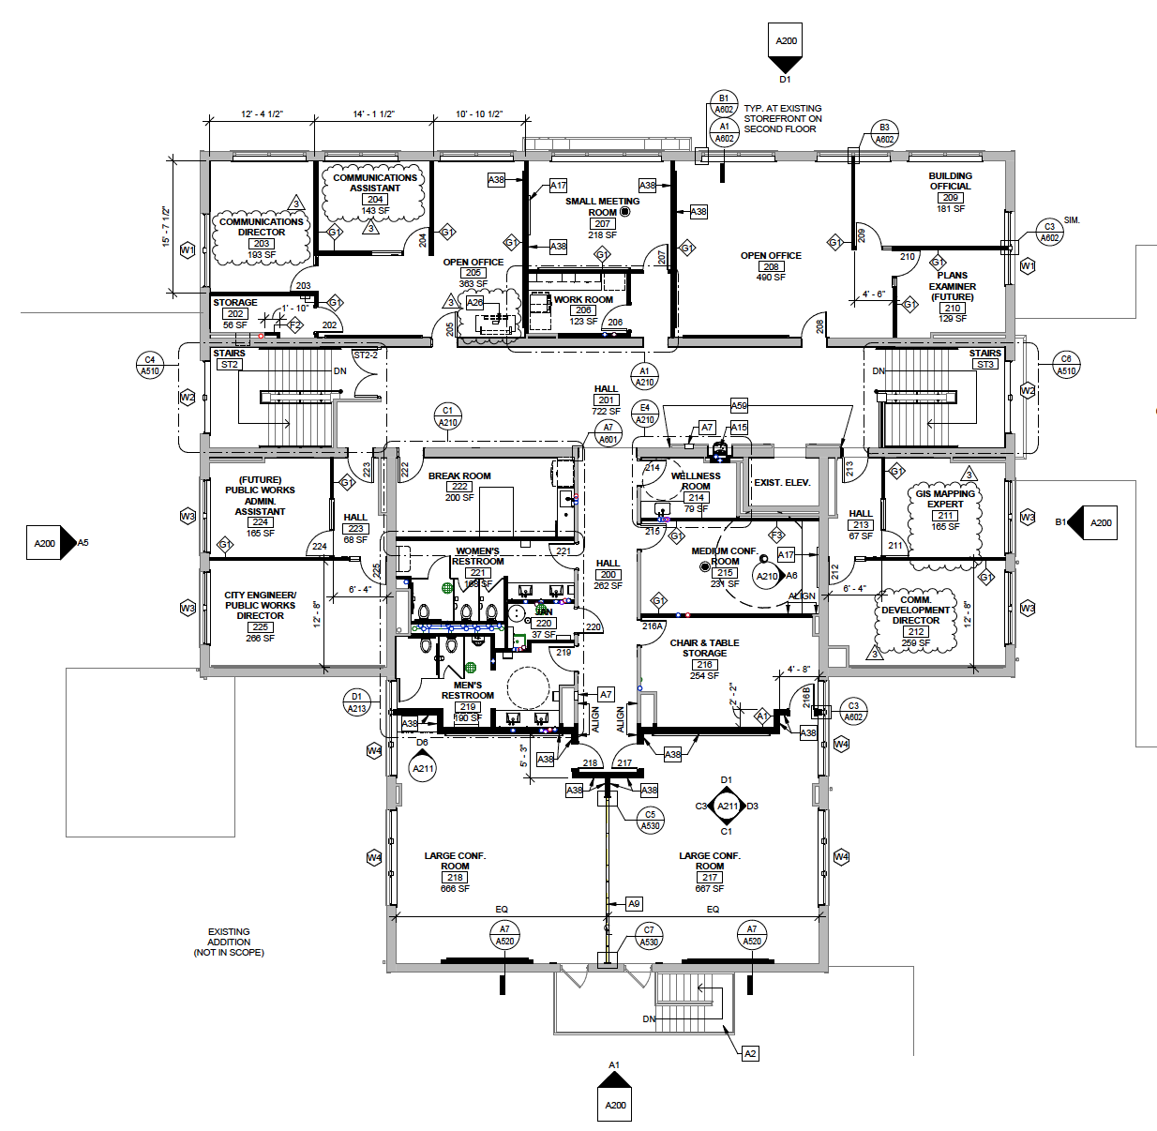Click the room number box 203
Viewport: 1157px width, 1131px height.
[x=262, y=244]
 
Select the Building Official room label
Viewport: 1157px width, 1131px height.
[x=950, y=181]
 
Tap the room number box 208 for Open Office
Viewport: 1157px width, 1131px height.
[x=771, y=266]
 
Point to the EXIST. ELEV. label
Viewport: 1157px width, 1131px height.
[x=782, y=483]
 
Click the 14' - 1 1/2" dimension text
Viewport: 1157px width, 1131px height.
[x=373, y=114]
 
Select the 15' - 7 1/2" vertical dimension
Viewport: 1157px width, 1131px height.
[x=166, y=226]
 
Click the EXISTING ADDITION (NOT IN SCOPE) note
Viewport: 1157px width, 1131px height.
[x=229, y=942]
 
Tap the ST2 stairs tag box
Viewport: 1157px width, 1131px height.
[x=229, y=364]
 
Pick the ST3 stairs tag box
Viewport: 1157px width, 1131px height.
[x=984, y=364]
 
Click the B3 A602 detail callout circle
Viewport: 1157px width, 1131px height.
[x=884, y=133]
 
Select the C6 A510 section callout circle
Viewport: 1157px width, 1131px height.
[x=1066, y=365]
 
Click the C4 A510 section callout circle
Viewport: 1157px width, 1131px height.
[x=150, y=365]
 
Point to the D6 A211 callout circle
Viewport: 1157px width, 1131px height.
[x=423, y=768]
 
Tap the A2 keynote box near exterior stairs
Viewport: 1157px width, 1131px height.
[x=750, y=1053]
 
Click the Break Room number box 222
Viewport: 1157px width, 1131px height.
[x=459, y=487]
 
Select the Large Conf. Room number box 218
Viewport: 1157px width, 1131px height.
[x=455, y=878]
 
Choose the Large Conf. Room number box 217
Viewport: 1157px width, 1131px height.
[x=710, y=878]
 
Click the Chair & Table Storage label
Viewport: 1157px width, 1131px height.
[x=704, y=648]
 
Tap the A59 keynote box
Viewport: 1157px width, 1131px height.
[x=739, y=406]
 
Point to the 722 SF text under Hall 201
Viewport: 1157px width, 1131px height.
[x=606, y=411]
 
